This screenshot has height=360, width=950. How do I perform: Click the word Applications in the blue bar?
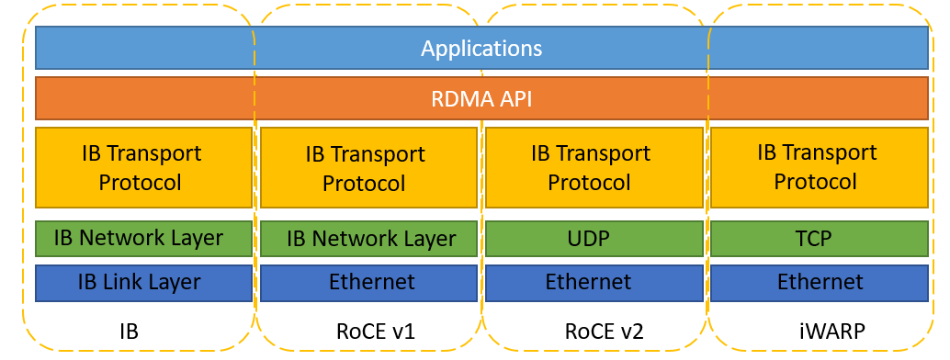481,48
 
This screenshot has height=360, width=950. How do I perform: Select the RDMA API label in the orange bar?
481,98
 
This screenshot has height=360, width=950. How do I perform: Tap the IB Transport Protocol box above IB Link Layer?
142,167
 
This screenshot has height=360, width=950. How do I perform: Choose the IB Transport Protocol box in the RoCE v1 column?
368,168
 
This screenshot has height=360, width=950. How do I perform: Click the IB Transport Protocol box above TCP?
818,167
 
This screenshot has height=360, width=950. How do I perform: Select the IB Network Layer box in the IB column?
142,239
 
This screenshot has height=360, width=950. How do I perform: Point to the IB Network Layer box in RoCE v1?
368,239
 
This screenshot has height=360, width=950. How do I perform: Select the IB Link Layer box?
142,282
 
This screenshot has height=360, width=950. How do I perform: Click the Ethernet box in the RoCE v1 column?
368,282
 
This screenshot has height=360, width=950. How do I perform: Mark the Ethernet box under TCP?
818,282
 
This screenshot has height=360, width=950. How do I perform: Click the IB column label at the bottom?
129,331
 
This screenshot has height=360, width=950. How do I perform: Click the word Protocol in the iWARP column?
815,181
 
